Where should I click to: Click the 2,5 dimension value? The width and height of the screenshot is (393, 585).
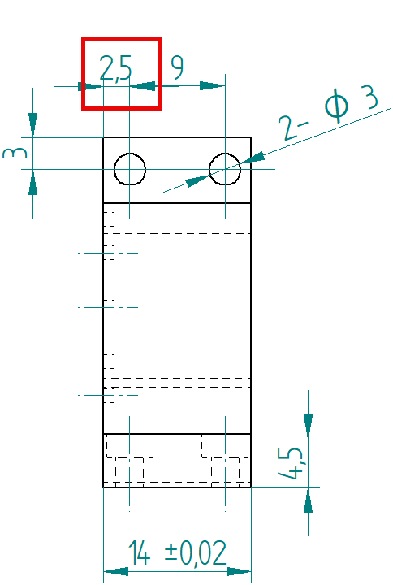(116, 68)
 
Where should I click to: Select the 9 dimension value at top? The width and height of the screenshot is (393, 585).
(178, 67)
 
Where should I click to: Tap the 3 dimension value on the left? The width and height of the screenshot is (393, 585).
(15, 153)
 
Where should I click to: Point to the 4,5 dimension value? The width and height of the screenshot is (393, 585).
(291, 462)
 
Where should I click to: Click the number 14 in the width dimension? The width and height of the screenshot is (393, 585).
(139, 552)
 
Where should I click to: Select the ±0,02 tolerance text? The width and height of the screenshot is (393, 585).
(196, 552)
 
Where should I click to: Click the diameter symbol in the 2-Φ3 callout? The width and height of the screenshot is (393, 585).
(337, 106)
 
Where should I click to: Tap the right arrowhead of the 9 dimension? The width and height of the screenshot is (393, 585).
(213, 86)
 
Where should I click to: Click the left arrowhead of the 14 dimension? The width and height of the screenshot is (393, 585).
(116, 571)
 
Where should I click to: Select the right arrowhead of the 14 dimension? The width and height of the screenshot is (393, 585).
(239, 571)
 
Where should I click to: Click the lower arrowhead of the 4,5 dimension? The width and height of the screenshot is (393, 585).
(308, 500)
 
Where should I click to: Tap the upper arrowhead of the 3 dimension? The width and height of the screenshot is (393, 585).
(32, 124)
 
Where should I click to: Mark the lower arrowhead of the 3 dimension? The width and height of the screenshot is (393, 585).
(32, 183)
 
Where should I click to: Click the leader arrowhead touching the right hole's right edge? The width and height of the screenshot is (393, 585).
(253, 158)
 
